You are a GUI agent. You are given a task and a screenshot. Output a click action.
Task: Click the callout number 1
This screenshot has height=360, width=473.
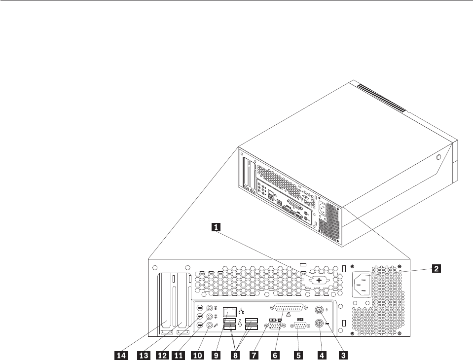click(216, 227)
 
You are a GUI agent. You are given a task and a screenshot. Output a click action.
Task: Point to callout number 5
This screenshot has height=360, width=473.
click(297, 353)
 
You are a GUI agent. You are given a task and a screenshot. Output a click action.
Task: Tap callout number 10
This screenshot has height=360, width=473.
click(194, 353)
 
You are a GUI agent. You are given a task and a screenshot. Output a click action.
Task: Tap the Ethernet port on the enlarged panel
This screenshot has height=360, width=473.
click(229, 312)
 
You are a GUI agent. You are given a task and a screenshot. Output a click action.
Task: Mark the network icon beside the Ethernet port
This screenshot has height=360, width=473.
click(242, 311)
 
